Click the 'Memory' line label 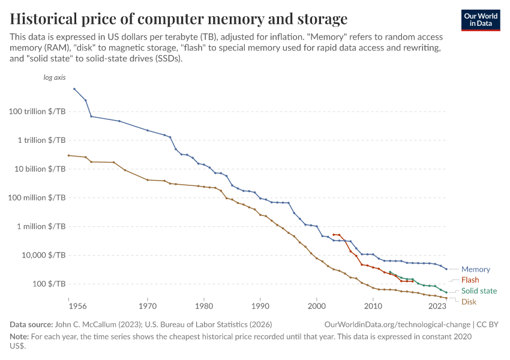(x=475, y=269)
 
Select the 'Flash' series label (x=470, y=280)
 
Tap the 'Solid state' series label (x=479, y=291)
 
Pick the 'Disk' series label (x=469, y=302)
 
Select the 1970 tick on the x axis (x=148, y=306)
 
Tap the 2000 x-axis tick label (x=316, y=306)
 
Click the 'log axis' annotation (x=55, y=77)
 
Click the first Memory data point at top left (x=74, y=89)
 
